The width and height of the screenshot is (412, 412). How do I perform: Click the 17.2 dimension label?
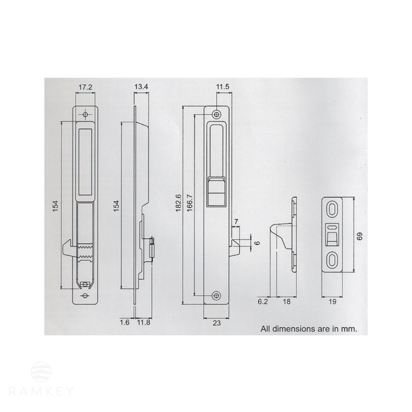pos(85,87)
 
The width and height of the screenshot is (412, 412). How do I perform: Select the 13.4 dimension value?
pos(141,87)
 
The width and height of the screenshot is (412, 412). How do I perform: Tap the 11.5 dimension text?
pos(222,87)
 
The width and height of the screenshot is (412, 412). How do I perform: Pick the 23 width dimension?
pos(216,323)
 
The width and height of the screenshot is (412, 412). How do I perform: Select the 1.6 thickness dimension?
pos(125,323)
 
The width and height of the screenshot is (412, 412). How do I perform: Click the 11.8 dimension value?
pos(143,323)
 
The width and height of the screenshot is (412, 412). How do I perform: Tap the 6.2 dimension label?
pos(263,301)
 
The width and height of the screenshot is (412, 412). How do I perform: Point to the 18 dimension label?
pos(286,301)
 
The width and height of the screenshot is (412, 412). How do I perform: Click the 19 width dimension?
pos(332,301)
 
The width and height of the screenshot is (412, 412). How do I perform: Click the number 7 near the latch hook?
pos(236,222)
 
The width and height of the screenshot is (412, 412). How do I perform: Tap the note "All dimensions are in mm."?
pos(309,329)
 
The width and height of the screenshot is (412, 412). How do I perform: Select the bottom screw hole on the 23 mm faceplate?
pos(217,296)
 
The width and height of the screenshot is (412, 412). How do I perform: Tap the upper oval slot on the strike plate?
pos(332,209)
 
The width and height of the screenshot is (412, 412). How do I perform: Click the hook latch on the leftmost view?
pos(69,248)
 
